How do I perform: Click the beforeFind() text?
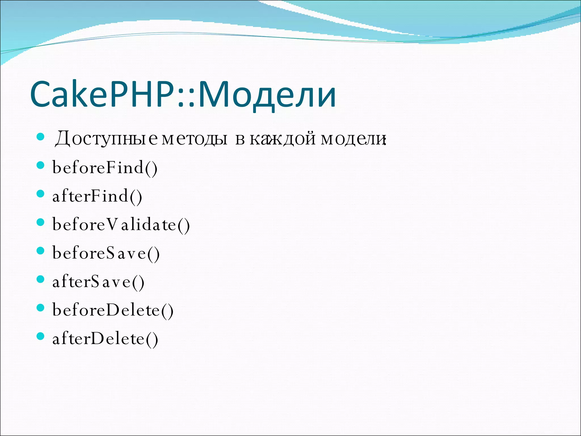coord(105,167)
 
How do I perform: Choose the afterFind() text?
coord(97,196)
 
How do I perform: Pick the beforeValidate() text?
coord(121,225)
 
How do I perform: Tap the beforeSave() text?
coord(106,253)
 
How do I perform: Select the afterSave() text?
coord(98,282)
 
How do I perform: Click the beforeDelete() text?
coord(113,310)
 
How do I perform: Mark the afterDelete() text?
coord(105,339)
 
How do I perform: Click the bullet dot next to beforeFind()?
coord(41,165)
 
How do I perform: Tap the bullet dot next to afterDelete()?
coord(41,336)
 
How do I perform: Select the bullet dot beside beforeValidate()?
coord(41,222)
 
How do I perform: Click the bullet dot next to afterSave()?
coord(41,279)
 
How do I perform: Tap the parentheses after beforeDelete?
coord(167,311)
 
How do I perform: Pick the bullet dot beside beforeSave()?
coord(41,251)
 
